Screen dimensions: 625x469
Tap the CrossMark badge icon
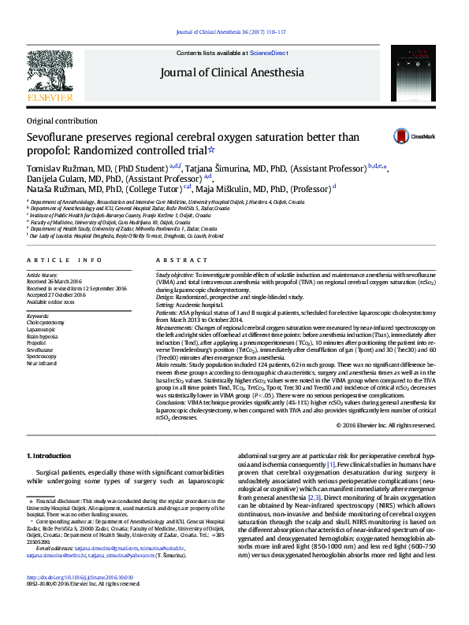point(408,136)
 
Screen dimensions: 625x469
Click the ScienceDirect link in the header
point(269,53)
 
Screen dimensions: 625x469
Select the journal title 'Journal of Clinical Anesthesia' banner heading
point(232,73)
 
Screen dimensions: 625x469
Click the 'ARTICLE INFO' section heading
point(65,260)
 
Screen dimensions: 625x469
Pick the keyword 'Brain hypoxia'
point(43,337)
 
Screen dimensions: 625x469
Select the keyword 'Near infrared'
point(43,364)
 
